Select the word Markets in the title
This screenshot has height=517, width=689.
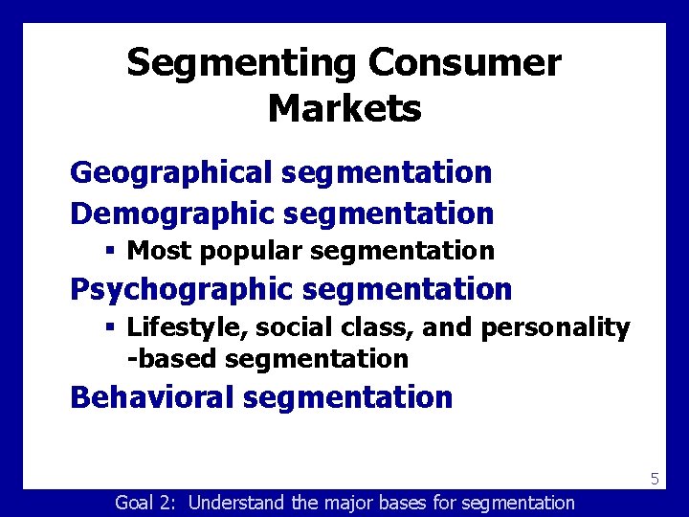[x=344, y=108]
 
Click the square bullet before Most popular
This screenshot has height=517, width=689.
[x=111, y=251]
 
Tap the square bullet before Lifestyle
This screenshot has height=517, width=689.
[x=111, y=327]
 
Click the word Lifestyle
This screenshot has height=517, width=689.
[x=181, y=328]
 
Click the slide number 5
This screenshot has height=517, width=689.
[x=655, y=478]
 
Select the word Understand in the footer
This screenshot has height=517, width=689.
[x=236, y=503]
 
